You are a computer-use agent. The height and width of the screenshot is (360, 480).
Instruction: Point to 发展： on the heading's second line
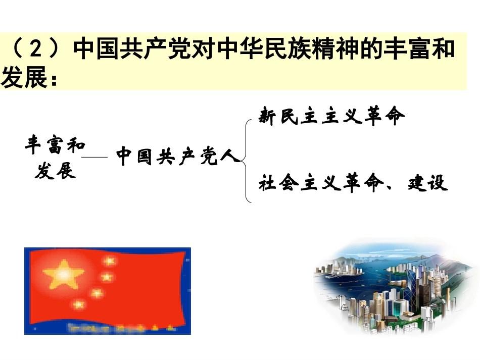click(30, 78)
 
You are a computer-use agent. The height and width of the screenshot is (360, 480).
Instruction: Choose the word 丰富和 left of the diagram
click(55, 146)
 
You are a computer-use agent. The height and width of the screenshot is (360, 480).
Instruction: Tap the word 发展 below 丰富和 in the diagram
click(55, 172)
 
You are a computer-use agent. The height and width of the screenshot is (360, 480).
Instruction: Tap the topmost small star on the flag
click(109, 261)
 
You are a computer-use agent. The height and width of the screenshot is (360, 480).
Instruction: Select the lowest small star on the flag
click(79, 304)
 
